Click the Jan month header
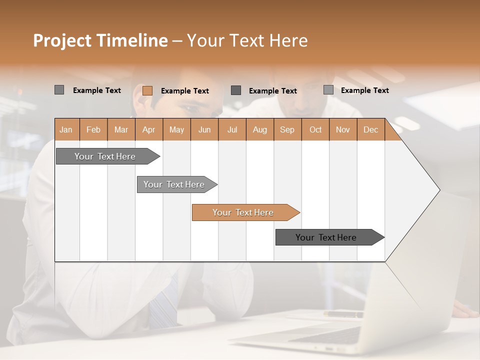(x=66, y=129)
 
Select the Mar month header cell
(x=121, y=129)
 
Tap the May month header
(x=176, y=129)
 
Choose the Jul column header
(x=232, y=129)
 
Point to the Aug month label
(x=259, y=129)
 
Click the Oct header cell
(x=315, y=129)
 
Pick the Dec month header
(x=370, y=129)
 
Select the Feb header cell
(x=93, y=129)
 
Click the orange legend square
(x=147, y=90)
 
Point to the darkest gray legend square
(x=236, y=90)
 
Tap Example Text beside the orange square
(x=184, y=91)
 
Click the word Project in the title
(x=61, y=40)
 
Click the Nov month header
(x=343, y=129)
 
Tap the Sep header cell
(x=287, y=129)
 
